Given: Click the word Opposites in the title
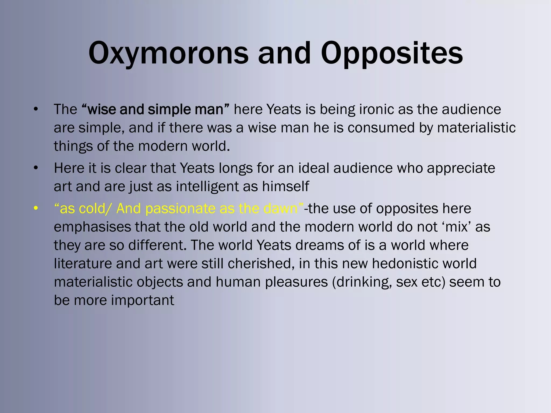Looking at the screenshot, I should (x=392, y=53).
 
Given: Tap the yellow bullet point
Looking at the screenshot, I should (x=36, y=209).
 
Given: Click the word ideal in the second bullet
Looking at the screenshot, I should (x=313, y=168).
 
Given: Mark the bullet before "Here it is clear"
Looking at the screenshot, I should (x=36, y=168).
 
